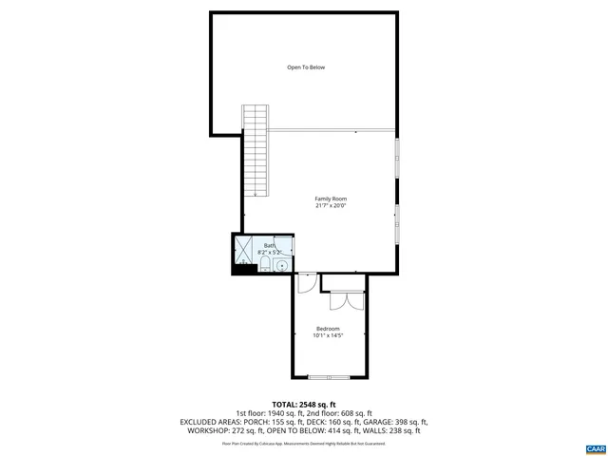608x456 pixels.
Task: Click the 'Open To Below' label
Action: (x=306, y=67)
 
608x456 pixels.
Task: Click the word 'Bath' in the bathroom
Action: (x=269, y=246)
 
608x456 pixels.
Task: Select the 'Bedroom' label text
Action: (x=328, y=329)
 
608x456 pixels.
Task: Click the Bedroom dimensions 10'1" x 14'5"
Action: (x=328, y=335)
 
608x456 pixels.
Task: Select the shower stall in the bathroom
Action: (x=242, y=249)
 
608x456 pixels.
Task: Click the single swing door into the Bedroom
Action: (x=307, y=282)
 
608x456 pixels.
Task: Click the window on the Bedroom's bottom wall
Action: (x=329, y=377)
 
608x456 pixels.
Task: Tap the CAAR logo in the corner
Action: (x=595, y=446)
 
